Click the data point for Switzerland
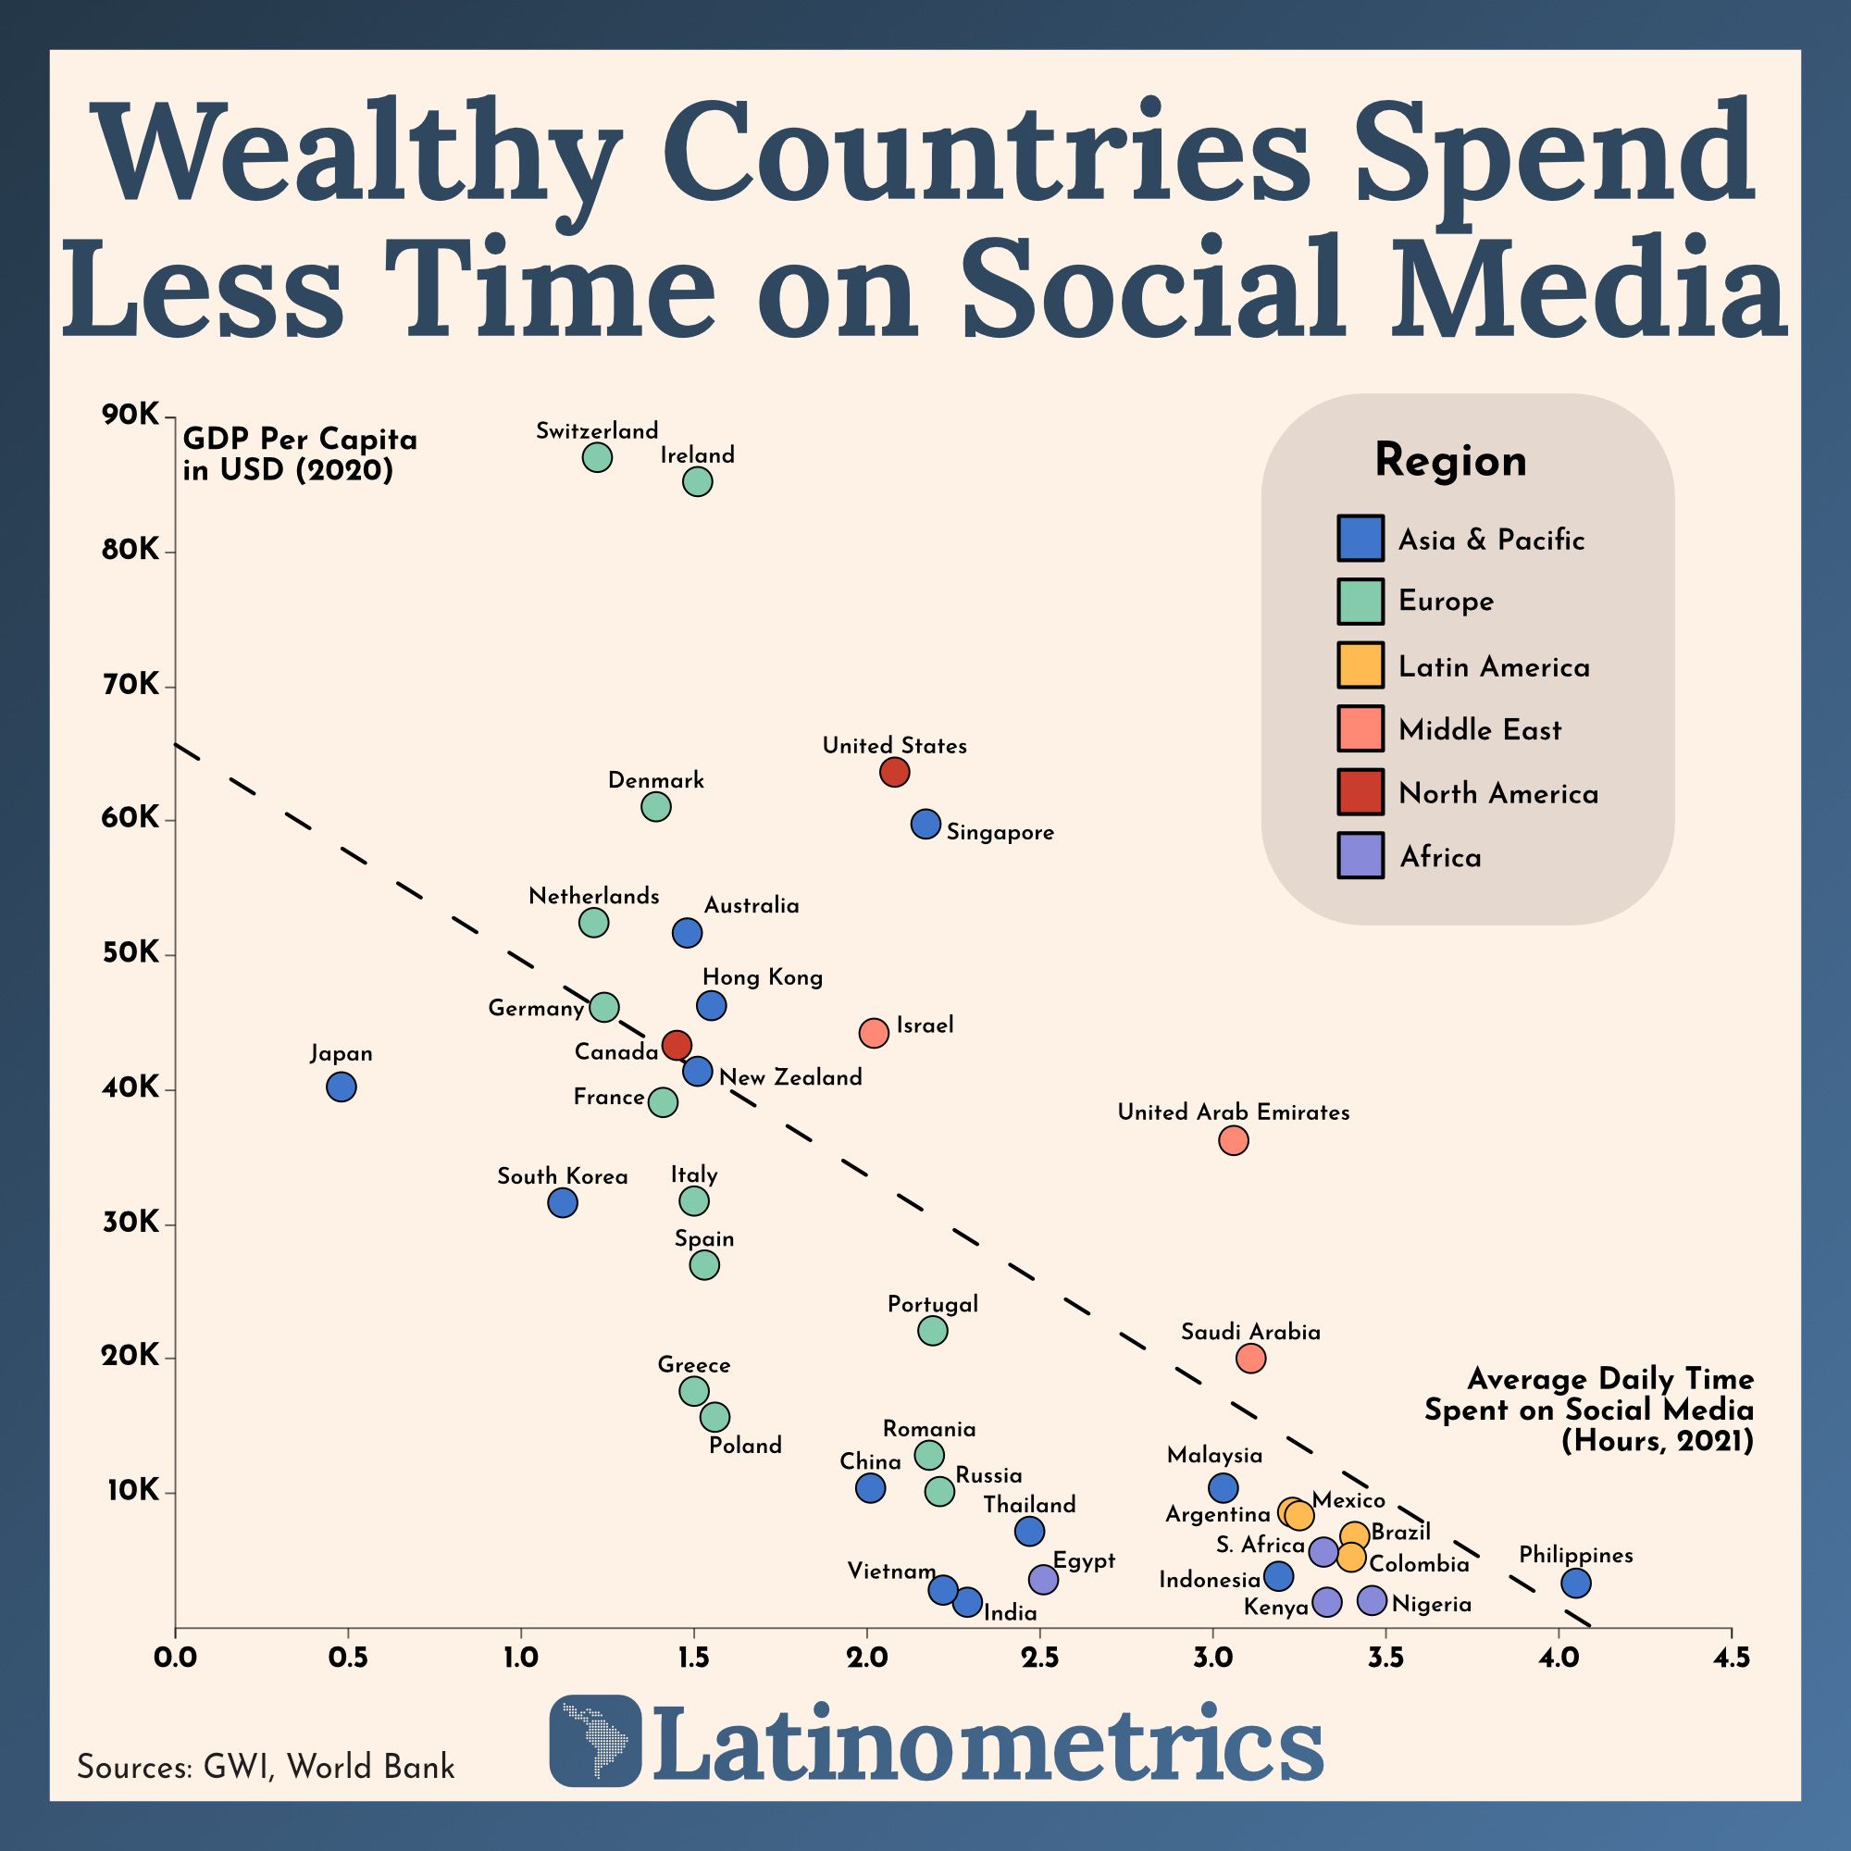coord(597,457)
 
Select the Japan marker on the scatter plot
coord(342,1087)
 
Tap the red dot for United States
coord(894,771)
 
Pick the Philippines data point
coord(1576,1583)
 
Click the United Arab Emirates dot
coord(1233,1140)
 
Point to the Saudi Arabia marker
coord(1250,1358)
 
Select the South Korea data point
coord(563,1202)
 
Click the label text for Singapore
coord(1000,833)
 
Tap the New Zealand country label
coord(790,1078)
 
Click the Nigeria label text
coord(1432,1605)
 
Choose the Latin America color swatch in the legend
coord(1360,665)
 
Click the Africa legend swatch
coord(1360,855)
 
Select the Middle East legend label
coord(1479,730)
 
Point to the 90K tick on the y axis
coord(130,415)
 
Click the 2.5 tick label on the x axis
coord(1039,1658)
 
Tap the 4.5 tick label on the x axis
coord(1731,1658)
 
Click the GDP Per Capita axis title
coord(300,454)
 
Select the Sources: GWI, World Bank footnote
coord(266,1767)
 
